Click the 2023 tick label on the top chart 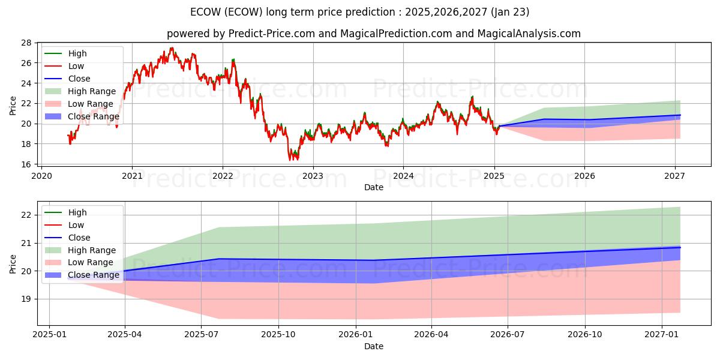313,176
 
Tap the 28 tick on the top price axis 26,43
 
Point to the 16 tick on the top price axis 26,164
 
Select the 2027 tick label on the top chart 675,176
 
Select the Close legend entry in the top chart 79,79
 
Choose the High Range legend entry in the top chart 91,91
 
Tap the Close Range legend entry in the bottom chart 94,275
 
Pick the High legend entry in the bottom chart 77,212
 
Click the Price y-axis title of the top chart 13,104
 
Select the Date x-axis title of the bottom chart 373,346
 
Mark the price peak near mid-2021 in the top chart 172,48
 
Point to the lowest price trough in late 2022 290,160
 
